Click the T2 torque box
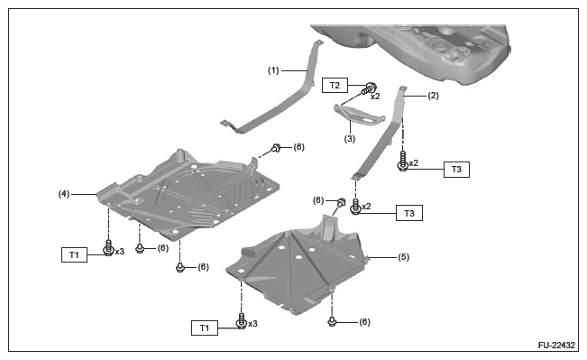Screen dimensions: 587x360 (335, 86)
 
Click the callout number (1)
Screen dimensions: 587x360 (273, 70)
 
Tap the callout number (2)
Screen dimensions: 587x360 (433, 96)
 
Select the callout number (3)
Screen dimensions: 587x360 (350, 139)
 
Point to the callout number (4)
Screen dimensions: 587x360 (64, 194)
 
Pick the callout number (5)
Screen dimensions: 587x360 (404, 257)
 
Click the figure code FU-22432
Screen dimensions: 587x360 (556, 345)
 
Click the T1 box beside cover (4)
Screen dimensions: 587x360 (74, 254)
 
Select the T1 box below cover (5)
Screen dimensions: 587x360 (205, 328)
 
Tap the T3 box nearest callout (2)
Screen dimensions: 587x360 (456, 170)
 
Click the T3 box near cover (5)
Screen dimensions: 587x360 (409, 213)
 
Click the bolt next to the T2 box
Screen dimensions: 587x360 (369, 88)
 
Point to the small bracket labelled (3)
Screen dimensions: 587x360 (359, 114)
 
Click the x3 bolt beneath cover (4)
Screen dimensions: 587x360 (108, 248)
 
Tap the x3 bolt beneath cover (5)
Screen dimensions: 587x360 (242, 321)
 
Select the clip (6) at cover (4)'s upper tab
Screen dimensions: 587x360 (276, 148)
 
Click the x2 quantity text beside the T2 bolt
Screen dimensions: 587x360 (375, 97)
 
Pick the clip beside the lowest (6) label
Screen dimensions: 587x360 (332, 321)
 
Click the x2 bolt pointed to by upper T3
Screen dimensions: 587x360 (403, 162)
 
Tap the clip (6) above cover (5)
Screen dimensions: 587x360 (341, 203)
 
